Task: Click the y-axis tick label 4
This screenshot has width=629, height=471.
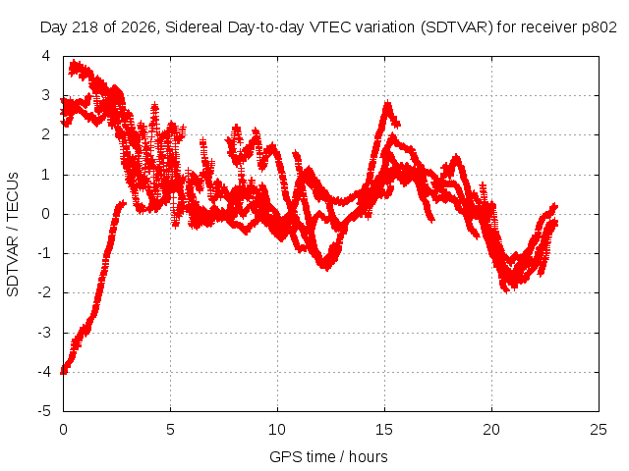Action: (x=46, y=56)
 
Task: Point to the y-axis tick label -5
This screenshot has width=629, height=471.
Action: (x=44, y=411)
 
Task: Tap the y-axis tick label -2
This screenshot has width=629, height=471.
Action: (x=44, y=292)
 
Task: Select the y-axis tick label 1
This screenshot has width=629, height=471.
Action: (x=46, y=175)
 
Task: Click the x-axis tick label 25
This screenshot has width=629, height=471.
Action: (x=599, y=430)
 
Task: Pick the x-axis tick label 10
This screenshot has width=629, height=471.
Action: (x=277, y=430)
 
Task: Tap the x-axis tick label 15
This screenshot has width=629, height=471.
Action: (x=384, y=430)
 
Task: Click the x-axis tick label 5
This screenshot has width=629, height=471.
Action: (x=170, y=430)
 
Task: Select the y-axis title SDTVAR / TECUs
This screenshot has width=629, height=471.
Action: (x=13, y=235)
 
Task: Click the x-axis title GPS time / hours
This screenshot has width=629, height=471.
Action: (x=328, y=456)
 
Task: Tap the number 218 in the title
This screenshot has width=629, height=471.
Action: (x=86, y=27)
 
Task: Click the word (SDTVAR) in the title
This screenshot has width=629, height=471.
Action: (x=456, y=27)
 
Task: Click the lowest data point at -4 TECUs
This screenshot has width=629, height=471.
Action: (x=63, y=371)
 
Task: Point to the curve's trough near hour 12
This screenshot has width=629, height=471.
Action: (x=327, y=268)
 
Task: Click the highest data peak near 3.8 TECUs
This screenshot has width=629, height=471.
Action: (x=75, y=63)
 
